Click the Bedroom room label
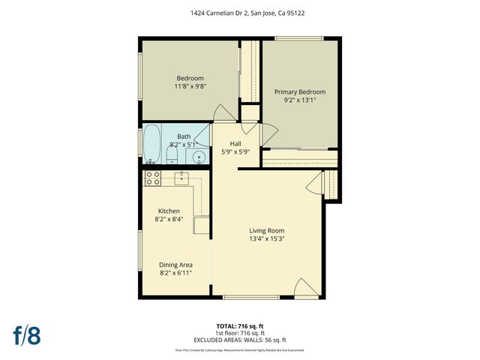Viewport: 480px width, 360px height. coord(190,78)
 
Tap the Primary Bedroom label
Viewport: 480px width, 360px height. coord(299,91)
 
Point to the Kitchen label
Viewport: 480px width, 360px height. coord(169,211)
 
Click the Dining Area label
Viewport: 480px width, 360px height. coord(175,264)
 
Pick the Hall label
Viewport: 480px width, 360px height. coord(235,143)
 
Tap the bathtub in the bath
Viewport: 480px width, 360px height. coord(151,144)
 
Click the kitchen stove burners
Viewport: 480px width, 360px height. coord(153,178)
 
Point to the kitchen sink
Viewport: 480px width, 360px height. coord(181,178)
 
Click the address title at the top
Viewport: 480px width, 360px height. coord(240,13)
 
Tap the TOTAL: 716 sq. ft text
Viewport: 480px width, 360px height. coord(240,326)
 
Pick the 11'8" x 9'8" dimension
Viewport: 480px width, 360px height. coord(190,86)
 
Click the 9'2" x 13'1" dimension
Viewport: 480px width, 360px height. coord(299,100)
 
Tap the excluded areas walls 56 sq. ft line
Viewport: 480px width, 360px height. coord(240,340)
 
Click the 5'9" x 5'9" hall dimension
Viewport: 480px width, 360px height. coord(235,151)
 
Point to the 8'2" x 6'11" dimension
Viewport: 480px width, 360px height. coord(175,273)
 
